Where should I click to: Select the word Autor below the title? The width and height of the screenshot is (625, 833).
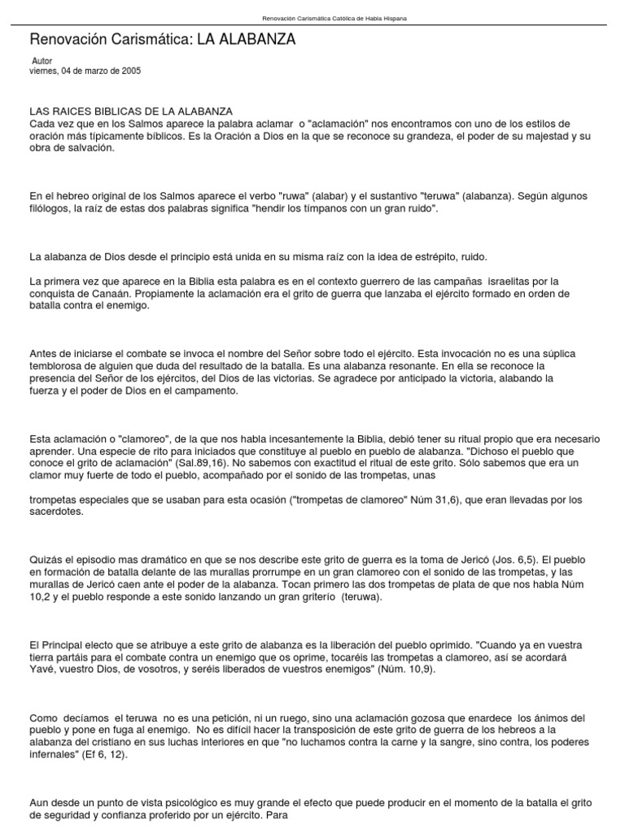42,61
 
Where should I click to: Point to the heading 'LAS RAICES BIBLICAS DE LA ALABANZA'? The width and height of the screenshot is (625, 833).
131,111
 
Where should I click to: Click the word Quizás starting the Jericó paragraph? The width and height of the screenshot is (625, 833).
46,560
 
